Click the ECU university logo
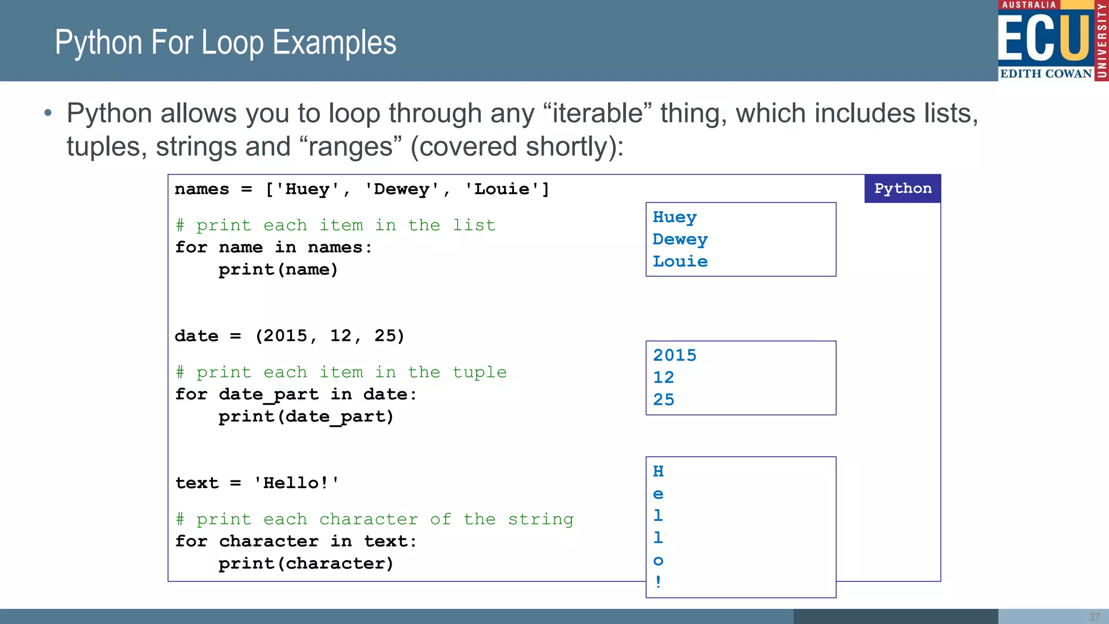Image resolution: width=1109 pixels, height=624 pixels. click(1052, 41)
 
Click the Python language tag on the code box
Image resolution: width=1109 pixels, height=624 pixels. click(902, 188)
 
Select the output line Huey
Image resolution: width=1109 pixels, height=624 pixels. click(674, 217)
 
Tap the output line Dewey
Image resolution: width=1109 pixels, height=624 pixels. click(680, 239)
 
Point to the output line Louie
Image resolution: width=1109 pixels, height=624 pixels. click(680, 262)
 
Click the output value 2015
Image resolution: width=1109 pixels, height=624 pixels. click(674, 355)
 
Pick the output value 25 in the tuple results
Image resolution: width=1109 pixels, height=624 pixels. click(663, 400)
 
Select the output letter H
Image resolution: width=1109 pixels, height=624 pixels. click(658, 471)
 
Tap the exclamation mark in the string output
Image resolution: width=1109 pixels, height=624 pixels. click(658, 582)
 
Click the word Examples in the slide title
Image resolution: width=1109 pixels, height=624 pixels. click(334, 43)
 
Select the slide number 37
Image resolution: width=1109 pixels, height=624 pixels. click(1094, 617)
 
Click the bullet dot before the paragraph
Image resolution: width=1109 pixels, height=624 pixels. click(48, 113)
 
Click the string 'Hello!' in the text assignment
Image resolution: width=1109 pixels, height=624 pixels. click(296, 483)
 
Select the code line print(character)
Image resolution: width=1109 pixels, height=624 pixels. click(306, 563)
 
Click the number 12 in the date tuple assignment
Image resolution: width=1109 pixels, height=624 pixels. click(341, 336)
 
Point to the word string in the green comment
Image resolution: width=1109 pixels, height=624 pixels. click(540, 519)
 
